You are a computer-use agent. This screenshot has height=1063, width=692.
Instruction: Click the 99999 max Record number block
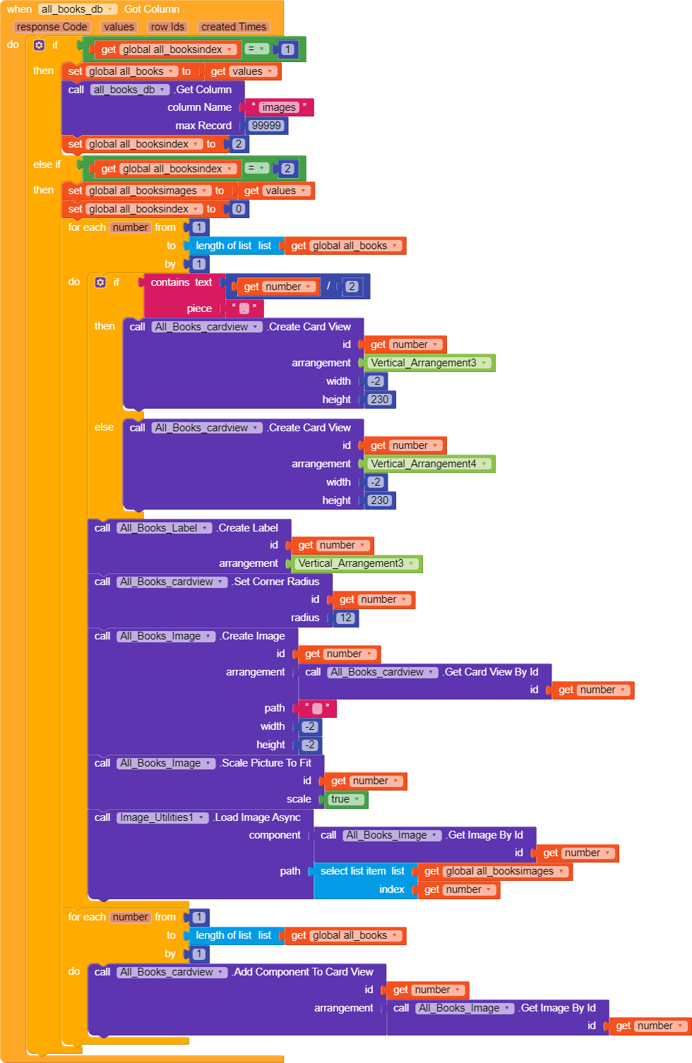point(267,126)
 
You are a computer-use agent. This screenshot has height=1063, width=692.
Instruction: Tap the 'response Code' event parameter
point(52,27)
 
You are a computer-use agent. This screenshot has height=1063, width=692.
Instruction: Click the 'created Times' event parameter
point(234,27)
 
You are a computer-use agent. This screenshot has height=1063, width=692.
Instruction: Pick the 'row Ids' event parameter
point(167,27)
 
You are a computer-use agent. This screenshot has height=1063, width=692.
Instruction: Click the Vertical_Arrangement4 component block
point(429,464)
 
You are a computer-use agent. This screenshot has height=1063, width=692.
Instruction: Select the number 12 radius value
point(345,618)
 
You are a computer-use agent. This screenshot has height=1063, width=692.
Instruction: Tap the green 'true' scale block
point(345,799)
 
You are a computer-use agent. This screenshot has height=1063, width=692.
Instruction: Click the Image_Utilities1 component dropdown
point(162,817)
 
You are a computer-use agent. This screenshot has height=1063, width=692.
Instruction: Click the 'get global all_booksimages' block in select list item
point(494,871)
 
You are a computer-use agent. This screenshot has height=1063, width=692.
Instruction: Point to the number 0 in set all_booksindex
point(239,209)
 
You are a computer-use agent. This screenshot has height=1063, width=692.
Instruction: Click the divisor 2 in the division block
point(352,287)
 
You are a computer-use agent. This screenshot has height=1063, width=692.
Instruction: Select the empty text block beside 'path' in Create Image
point(317,709)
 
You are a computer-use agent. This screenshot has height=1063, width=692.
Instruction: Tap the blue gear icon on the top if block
point(39,45)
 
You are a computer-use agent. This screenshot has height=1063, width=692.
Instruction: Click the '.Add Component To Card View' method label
point(303,972)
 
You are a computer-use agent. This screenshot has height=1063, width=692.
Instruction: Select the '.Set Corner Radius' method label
point(276,582)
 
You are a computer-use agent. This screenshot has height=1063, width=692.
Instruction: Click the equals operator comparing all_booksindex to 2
point(257,168)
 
